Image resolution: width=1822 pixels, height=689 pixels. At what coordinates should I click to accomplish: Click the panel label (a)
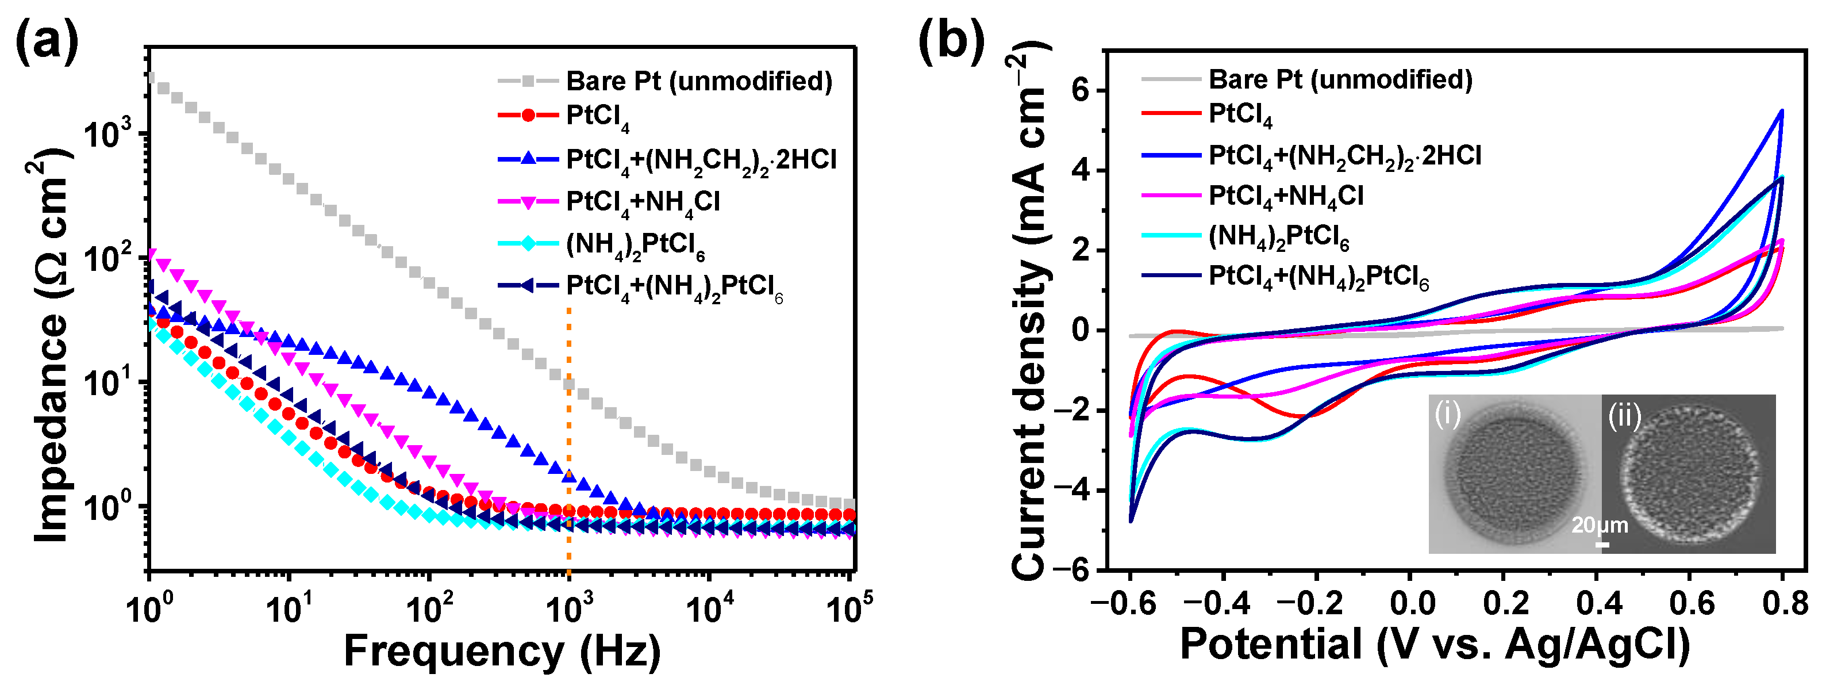click(46, 41)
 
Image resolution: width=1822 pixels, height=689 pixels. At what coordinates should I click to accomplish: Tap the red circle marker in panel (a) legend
click(528, 115)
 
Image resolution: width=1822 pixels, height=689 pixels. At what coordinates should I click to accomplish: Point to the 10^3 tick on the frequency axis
click(570, 608)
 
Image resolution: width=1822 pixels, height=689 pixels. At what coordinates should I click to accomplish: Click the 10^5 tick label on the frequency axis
click(849, 608)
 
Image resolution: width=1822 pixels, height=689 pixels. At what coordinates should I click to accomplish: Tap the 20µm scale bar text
click(1600, 525)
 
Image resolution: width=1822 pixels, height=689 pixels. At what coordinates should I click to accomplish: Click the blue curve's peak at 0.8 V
click(1781, 111)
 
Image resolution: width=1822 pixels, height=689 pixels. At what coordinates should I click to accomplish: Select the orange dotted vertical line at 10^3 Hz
click(568, 439)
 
